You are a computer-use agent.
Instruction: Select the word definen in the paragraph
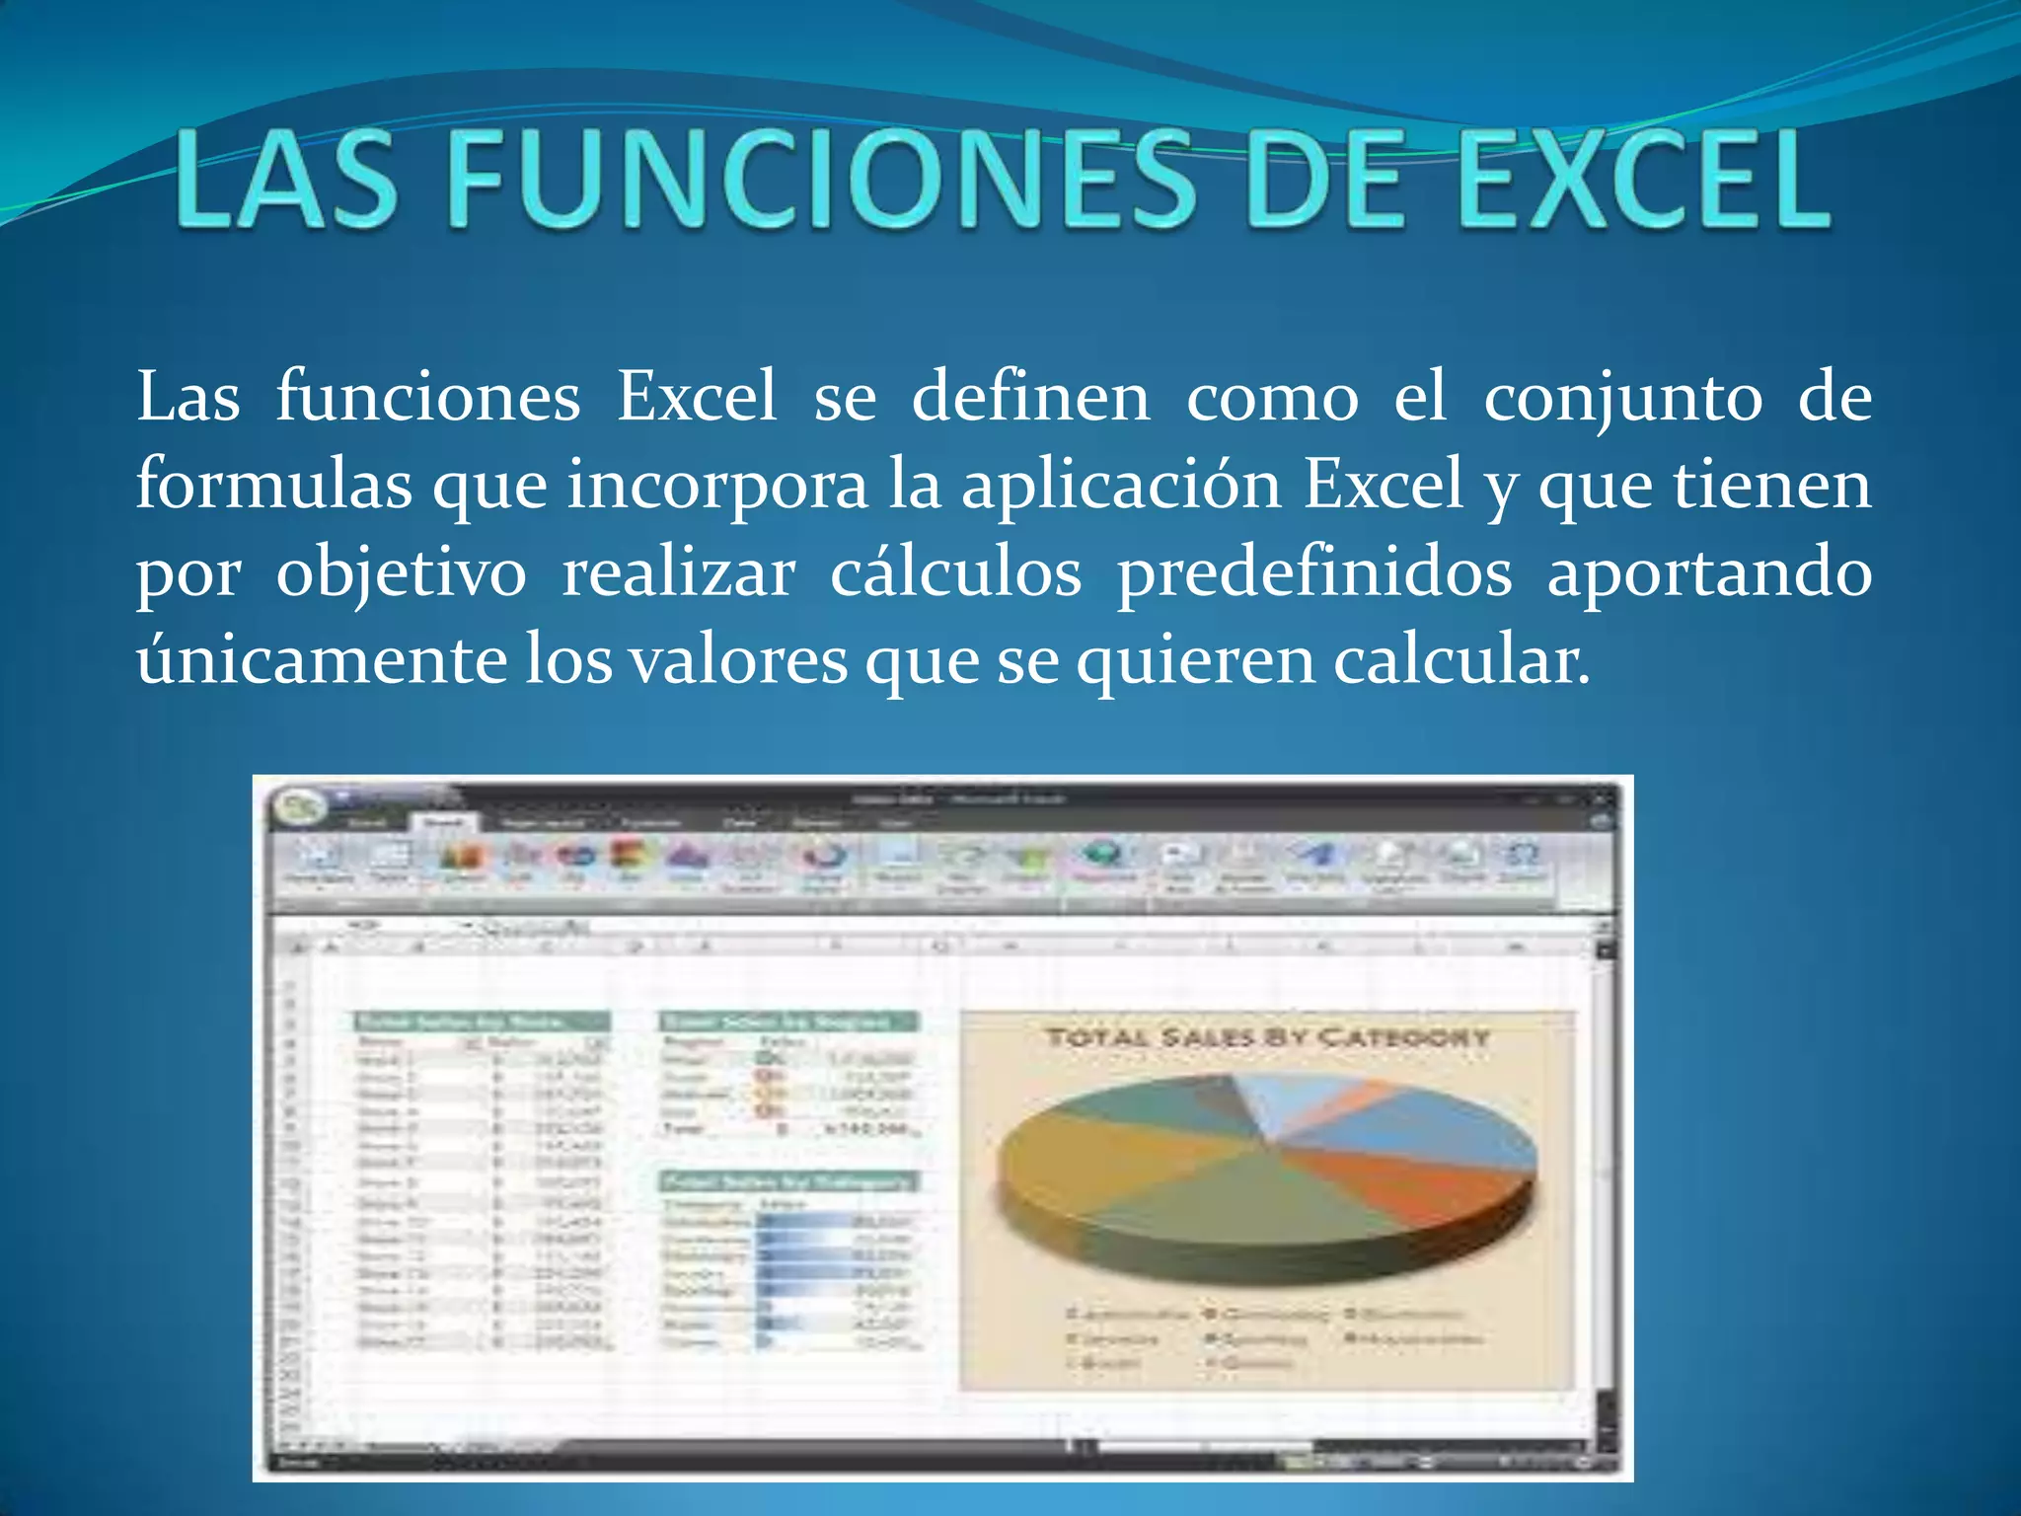1030,397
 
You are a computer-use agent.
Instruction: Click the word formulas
273,485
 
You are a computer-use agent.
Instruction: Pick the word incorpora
716,487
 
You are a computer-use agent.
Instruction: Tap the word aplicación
1121,487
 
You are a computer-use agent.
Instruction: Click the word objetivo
401,574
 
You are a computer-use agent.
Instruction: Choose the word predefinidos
1313,574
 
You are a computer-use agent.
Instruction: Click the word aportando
1709,574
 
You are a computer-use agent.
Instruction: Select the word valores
738,660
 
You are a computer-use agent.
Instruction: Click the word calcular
1461,660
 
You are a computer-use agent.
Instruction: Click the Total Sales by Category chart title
1267,1037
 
